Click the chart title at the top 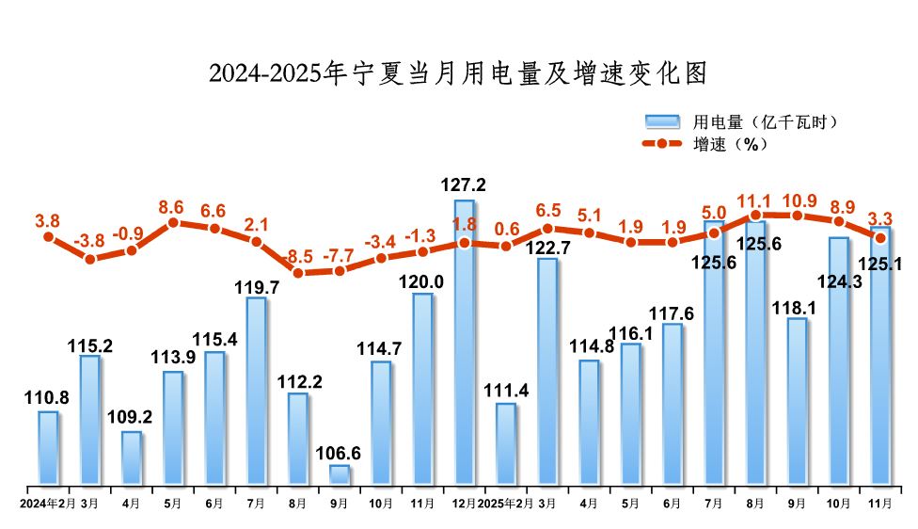click(458, 72)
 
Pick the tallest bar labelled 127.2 click(465, 344)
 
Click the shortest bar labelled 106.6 click(340, 475)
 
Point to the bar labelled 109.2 click(132, 458)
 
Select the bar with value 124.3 click(839, 361)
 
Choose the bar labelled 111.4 click(506, 444)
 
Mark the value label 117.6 click(672, 313)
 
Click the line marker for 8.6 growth click(173, 223)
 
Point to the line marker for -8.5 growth click(298, 273)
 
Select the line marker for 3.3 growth click(880, 237)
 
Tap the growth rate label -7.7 click(340, 254)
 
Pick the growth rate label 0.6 click(507, 229)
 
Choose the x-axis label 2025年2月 click(508, 504)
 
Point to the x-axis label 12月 click(464, 504)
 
